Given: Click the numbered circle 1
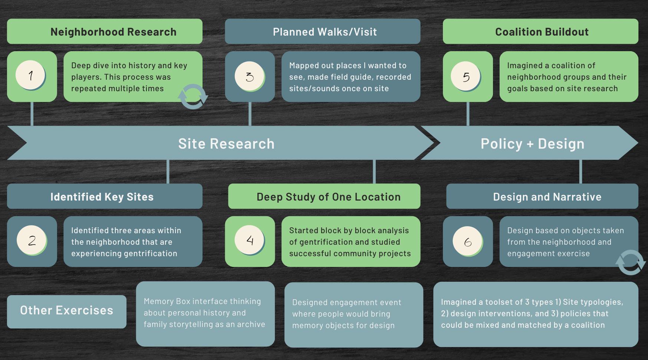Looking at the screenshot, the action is [30, 75].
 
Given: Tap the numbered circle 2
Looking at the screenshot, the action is [32, 240].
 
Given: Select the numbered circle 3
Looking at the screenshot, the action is [249, 76].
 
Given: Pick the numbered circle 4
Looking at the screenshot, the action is [249, 240].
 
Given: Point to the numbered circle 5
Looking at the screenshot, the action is [466, 76].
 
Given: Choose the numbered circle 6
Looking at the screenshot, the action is [467, 241].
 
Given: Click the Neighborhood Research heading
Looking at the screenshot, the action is [113, 32].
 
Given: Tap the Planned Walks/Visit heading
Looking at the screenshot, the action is [325, 32].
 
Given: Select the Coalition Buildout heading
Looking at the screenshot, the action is [542, 32].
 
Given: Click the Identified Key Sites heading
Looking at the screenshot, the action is [102, 197].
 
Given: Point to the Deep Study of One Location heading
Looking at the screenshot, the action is [328, 197].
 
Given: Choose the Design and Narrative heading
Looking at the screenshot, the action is [547, 197].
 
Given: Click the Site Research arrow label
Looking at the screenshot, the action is [226, 144].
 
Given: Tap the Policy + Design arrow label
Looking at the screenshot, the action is [532, 144].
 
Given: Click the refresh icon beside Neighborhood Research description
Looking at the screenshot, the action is [193, 96].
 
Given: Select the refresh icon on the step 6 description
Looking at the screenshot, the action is [630, 262].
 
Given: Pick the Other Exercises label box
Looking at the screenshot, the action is [67, 311].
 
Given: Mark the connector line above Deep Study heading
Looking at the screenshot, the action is [374, 172].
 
